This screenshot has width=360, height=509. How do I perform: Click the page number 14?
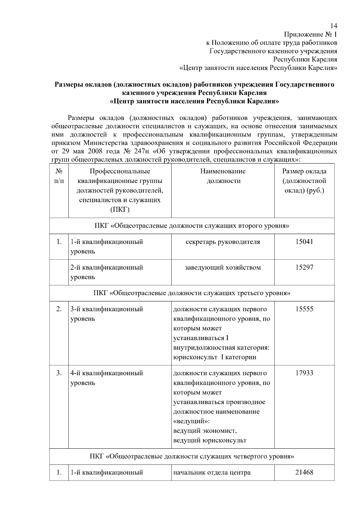[x=334, y=26]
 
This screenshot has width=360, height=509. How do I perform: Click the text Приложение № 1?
[x=310, y=34]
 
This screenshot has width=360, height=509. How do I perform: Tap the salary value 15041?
[x=304, y=242]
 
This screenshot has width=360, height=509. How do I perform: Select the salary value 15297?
[x=304, y=268]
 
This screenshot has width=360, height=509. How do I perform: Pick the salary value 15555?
[x=304, y=309]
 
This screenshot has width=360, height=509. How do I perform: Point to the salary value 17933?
[x=304, y=373]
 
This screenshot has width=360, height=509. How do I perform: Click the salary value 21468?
[x=304, y=472]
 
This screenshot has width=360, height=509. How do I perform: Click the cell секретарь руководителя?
[x=223, y=242]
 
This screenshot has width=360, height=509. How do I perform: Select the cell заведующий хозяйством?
[x=223, y=268]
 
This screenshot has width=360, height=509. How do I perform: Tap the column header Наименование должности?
[x=223, y=176]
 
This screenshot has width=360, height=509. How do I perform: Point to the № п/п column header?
[x=59, y=176]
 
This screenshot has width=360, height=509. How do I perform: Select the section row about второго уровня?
[x=192, y=226]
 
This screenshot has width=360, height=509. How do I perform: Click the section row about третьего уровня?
[x=192, y=293]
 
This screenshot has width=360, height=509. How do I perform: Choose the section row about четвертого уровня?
[x=192, y=457]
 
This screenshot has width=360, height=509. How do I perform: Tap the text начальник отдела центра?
[x=212, y=473]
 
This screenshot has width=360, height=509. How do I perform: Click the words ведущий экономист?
[x=205, y=431]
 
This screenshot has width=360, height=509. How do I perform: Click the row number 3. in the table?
[x=59, y=373]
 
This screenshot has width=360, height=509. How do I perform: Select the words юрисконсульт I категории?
[x=215, y=357]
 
